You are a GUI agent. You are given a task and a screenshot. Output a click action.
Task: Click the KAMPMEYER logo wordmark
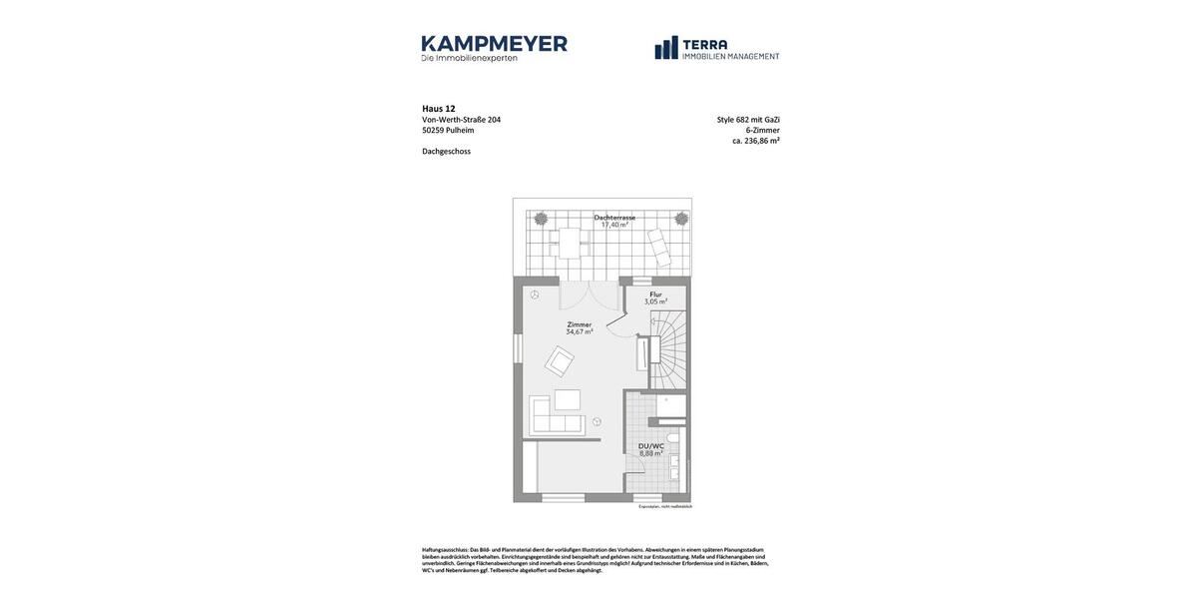click(494, 44)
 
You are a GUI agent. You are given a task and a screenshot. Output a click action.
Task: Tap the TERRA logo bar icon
click(666, 48)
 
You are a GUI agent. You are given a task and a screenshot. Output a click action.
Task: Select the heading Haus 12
click(439, 109)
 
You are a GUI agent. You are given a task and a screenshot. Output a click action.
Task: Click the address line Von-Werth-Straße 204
click(461, 120)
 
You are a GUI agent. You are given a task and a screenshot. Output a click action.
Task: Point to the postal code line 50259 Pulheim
click(448, 131)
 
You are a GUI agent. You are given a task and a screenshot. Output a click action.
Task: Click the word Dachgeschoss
click(446, 152)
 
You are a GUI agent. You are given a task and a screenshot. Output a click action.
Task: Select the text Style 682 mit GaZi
click(748, 120)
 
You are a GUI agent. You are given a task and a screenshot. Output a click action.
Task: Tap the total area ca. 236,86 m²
click(756, 141)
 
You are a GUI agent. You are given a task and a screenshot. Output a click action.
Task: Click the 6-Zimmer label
click(762, 130)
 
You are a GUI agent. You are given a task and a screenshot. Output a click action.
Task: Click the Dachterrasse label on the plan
click(614, 218)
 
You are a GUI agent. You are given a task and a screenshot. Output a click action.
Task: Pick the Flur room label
click(655, 295)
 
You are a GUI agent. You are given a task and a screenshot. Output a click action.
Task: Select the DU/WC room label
click(650, 446)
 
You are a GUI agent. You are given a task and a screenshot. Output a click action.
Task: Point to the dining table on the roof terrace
click(570, 243)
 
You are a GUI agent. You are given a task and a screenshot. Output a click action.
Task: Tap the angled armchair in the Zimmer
click(559, 361)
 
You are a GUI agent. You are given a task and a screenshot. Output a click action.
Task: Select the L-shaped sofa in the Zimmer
click(555, 417)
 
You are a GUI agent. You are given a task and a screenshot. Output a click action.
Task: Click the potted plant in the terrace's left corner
click(540, 218)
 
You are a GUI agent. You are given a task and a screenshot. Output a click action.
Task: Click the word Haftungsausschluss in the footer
click(445, 550)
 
